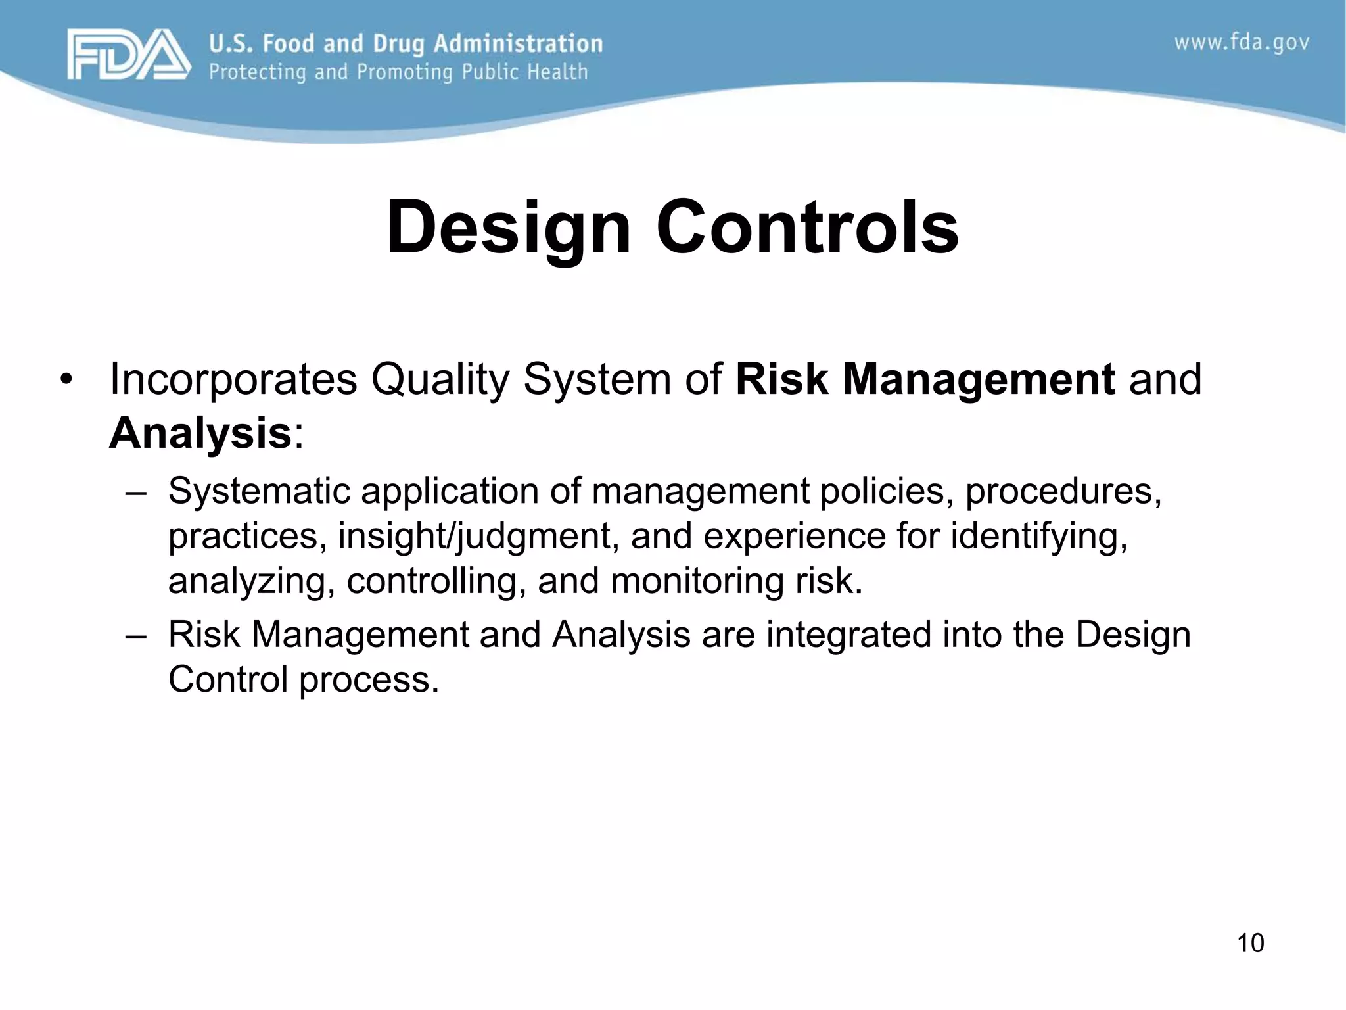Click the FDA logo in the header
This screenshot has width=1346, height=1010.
[128, 55]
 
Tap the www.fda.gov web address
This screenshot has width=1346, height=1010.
[1242, 43]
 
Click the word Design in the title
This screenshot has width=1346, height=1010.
[509, 228]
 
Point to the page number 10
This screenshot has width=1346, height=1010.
[1250, 943]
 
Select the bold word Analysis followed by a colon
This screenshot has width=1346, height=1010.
[200, 434]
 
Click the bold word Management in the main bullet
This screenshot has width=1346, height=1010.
[979, 380]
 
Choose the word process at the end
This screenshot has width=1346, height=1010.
[368, 680]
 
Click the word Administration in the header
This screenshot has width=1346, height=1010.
[518, 43]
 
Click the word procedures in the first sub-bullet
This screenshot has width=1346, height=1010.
[1063, 491]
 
